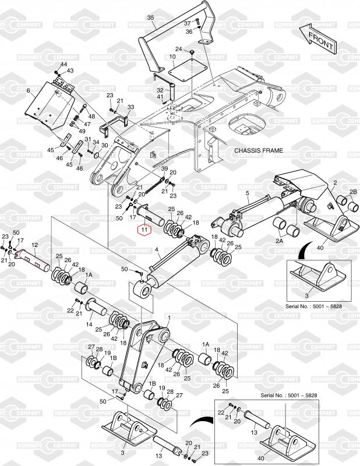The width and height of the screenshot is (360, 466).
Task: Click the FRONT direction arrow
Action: click(x=318, y=38)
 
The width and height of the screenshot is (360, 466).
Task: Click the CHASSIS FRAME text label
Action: click(x=259, y=151)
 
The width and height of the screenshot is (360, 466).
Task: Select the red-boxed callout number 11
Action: click(x=144, y=230)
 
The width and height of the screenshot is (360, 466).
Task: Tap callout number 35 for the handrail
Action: click(x=151, y=18)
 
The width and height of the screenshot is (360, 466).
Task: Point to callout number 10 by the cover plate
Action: click(x=172, y=57)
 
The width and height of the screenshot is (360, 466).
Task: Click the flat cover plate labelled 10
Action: click(x=188, y=69)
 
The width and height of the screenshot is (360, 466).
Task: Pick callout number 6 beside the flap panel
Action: click(x=28, y=91)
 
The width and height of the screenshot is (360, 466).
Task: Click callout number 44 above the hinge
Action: click(x=64, y=65)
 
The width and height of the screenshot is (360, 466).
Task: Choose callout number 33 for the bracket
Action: click(x=131, y=107)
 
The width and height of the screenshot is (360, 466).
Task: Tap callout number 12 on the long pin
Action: click(x=35, y=245)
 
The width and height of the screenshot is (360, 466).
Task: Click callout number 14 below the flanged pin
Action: click(x=89, y=324)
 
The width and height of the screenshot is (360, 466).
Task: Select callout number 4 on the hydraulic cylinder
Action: click(x=157, y=250)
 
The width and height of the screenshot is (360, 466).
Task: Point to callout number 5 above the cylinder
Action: click(x=248, y=193)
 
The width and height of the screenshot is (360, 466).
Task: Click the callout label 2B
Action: click(x=353, y=192)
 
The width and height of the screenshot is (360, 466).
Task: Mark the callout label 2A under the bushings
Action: click(x=279, y=241)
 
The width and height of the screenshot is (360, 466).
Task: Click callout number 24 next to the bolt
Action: click(x=178, y=49)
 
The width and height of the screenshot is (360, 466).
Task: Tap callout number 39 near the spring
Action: click(x=164, y=169)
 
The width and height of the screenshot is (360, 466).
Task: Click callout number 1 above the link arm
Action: click(x=169, y=318)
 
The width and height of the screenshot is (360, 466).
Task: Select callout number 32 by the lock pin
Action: click(x=160, y=90)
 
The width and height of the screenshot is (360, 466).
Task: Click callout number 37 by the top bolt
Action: click(x=188, y=23)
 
